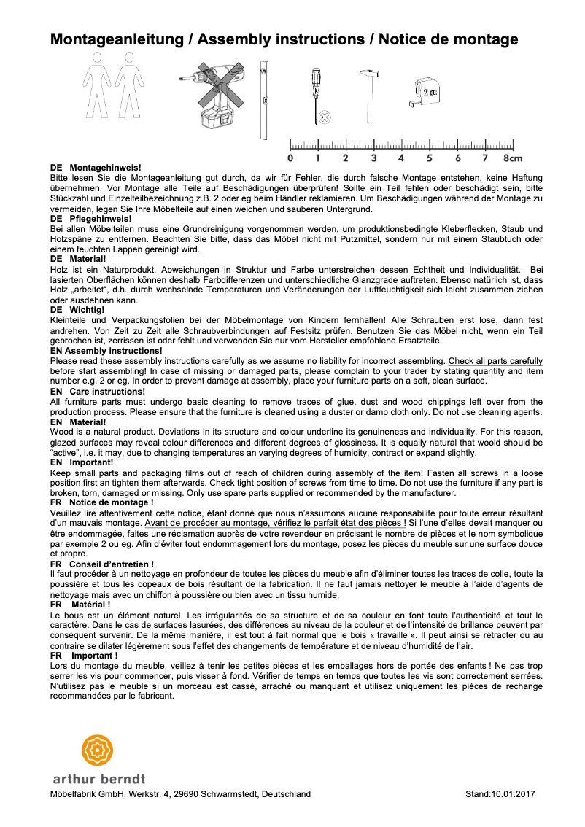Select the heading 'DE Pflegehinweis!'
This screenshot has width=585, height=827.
coord(90,219)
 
